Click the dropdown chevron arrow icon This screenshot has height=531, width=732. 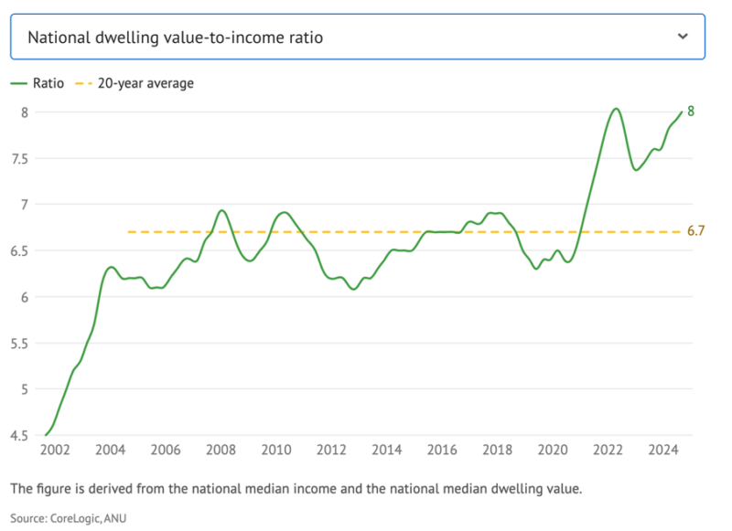[682, 37]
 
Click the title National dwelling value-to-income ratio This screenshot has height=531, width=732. [175, 37]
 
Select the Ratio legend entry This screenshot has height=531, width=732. [38, 83]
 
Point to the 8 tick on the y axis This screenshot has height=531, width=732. [25, 112]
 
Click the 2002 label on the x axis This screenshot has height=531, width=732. [54, 451]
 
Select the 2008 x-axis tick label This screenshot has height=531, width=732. [221, 451]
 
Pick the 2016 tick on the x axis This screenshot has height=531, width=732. [442, 451]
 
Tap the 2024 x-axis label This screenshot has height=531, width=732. [663, 451]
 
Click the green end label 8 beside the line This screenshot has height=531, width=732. [691, 112]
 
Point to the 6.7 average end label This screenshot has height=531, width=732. [695, 231]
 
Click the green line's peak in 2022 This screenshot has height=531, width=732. [616, 109]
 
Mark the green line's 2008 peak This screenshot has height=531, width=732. [221, 210]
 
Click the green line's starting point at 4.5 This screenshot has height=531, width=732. [46, 435]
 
